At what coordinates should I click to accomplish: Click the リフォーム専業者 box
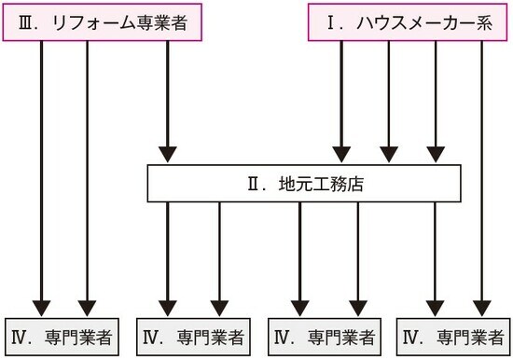point(106,23)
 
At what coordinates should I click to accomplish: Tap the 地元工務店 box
point(304,185)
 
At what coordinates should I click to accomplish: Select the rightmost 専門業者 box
point(454,336)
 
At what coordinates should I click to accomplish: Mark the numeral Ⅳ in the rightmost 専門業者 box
point(411,336)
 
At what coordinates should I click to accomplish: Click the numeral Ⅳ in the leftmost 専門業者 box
point(21,336)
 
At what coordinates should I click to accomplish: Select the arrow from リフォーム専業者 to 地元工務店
point(168,103)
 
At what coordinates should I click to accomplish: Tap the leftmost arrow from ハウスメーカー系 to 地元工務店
point(341,103)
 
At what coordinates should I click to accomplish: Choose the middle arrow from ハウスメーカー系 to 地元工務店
point(389,103)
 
